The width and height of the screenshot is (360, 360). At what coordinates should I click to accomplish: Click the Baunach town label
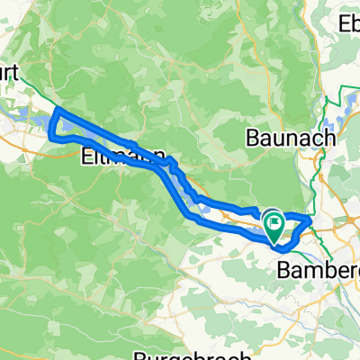tap(291, 139)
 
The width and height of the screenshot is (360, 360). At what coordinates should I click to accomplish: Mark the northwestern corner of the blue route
tap(58, 111)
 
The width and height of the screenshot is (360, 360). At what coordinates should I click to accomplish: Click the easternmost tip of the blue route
tap(310, 218)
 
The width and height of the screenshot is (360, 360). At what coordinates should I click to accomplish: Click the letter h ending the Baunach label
tap(328, 139)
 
